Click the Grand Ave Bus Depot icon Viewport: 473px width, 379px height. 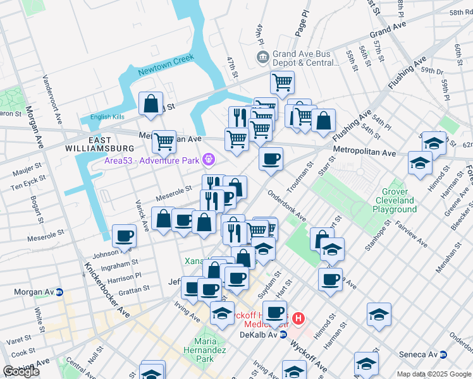click(x=262, y=57)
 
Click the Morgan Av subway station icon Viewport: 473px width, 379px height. click(x=59, y=292)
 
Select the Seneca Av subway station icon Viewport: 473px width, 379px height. click(x=444, y=355)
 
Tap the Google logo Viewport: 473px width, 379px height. click(x=22, y=371)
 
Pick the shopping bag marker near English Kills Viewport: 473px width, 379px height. click(x=150, y=104)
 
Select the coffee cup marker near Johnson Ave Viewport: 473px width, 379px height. click(x=124, y=236)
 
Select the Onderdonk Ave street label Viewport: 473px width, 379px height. click(x=286, y=206)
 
